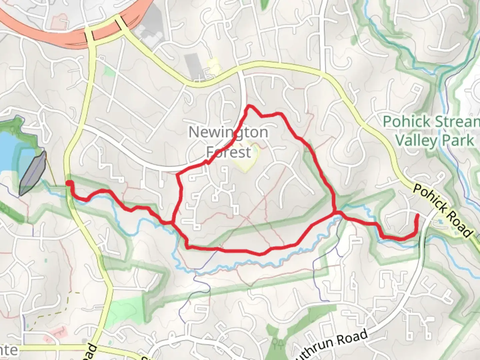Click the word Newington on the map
click(x=228, y=132)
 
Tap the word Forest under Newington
click(x=228, y=152)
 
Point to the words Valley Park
click(x=434, y=140)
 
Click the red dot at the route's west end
click(x=69, y=183)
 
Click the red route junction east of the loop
click(x=334, y=212)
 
